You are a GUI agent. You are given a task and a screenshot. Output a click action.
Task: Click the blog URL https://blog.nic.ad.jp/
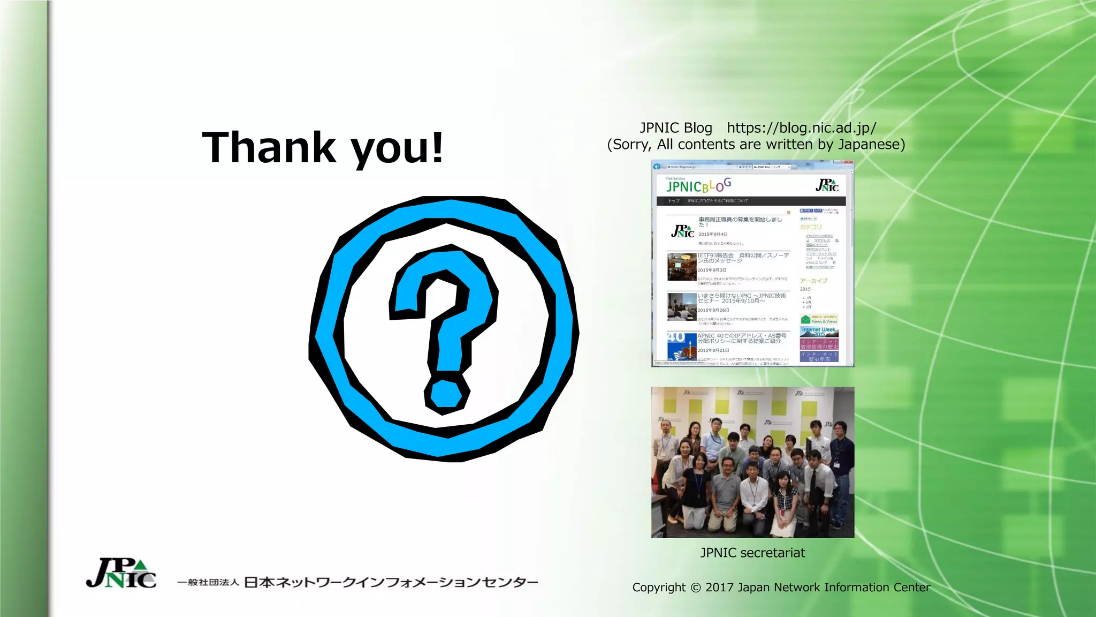click(801, 128)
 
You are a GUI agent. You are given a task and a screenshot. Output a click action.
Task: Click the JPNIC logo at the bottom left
click(121, 574)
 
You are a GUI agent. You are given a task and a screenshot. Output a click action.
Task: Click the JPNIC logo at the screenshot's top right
click(827, 185)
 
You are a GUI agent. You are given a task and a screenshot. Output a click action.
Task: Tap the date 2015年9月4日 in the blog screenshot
click(713, 235)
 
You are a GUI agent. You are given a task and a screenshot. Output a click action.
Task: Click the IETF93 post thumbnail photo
click(681, 267)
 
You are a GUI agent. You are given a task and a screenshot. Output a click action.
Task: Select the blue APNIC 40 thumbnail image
click(681, 346)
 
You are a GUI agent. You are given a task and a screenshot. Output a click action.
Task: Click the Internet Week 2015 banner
click(819, 332)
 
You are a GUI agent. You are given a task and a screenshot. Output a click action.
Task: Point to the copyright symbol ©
click(695, 588)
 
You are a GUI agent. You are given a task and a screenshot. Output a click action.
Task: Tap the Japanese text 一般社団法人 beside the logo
click(208, 582)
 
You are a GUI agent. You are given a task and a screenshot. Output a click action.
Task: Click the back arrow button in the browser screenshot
click(657, 167)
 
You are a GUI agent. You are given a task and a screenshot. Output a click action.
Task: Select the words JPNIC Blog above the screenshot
click(676, 128)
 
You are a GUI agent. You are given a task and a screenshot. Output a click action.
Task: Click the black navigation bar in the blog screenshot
click(751, 201)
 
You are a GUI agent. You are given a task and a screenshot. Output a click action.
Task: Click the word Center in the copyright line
click(911, 588)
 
